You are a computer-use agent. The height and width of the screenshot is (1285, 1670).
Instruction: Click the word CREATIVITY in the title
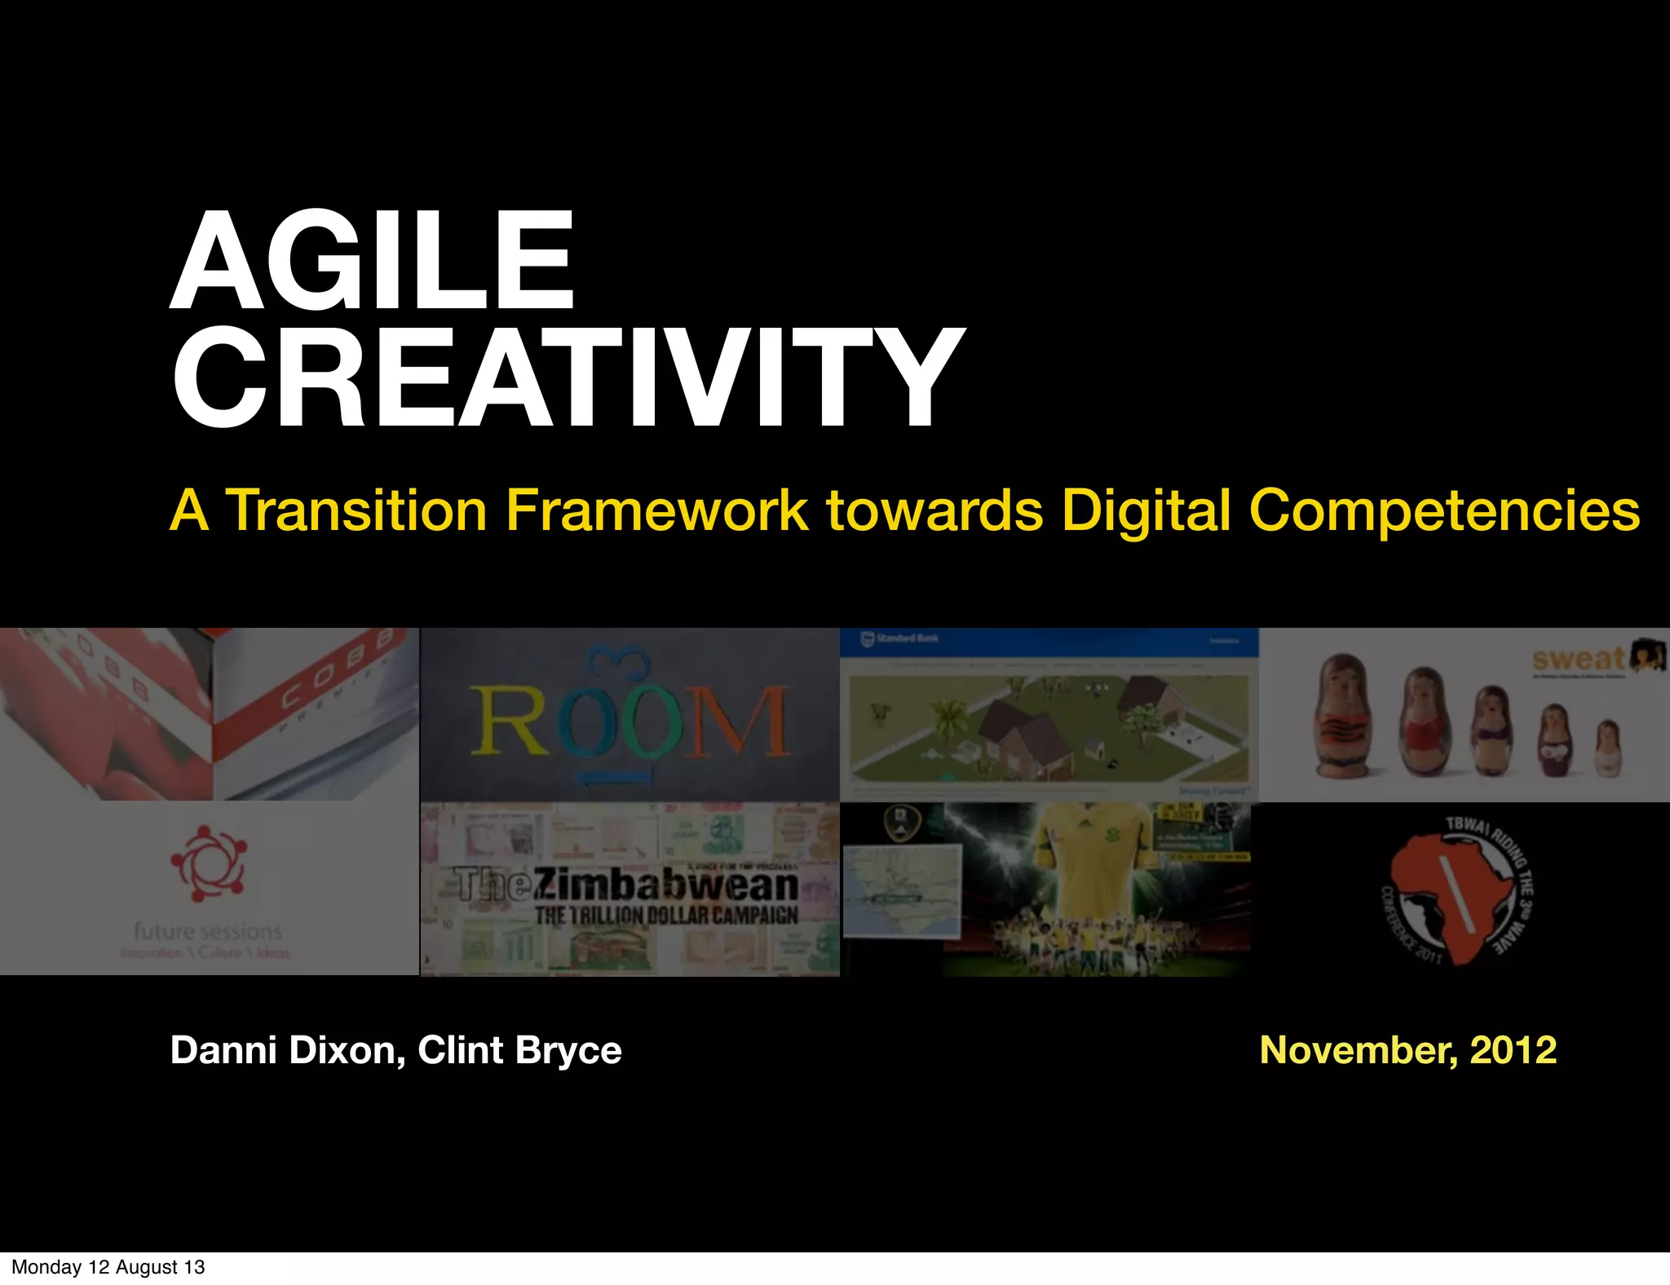point(568,378)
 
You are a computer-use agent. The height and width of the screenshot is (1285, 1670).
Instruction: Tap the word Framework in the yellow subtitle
point(656,511)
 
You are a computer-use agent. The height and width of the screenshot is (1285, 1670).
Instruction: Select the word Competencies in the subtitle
point(1443,511)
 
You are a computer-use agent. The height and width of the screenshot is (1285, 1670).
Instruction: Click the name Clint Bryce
point(519,1050)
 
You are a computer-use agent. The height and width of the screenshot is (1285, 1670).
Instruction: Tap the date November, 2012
point(1407,1050)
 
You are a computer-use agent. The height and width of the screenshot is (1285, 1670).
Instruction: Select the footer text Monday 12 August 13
point(108,1267)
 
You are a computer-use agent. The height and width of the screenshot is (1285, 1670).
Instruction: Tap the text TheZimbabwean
point(626,885)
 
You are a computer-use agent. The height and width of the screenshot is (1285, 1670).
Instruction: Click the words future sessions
point(208,931)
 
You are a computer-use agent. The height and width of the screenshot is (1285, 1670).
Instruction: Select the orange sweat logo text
point(1577,659)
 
